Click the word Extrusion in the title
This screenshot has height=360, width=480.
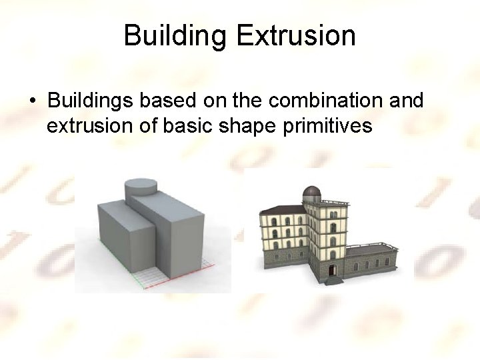pyautogui.click(x=296, y=35)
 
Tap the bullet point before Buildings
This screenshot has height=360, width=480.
pyautogui.click(x=32, y=101)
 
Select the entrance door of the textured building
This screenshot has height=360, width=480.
pyautogui.click(x=331, y=270)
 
